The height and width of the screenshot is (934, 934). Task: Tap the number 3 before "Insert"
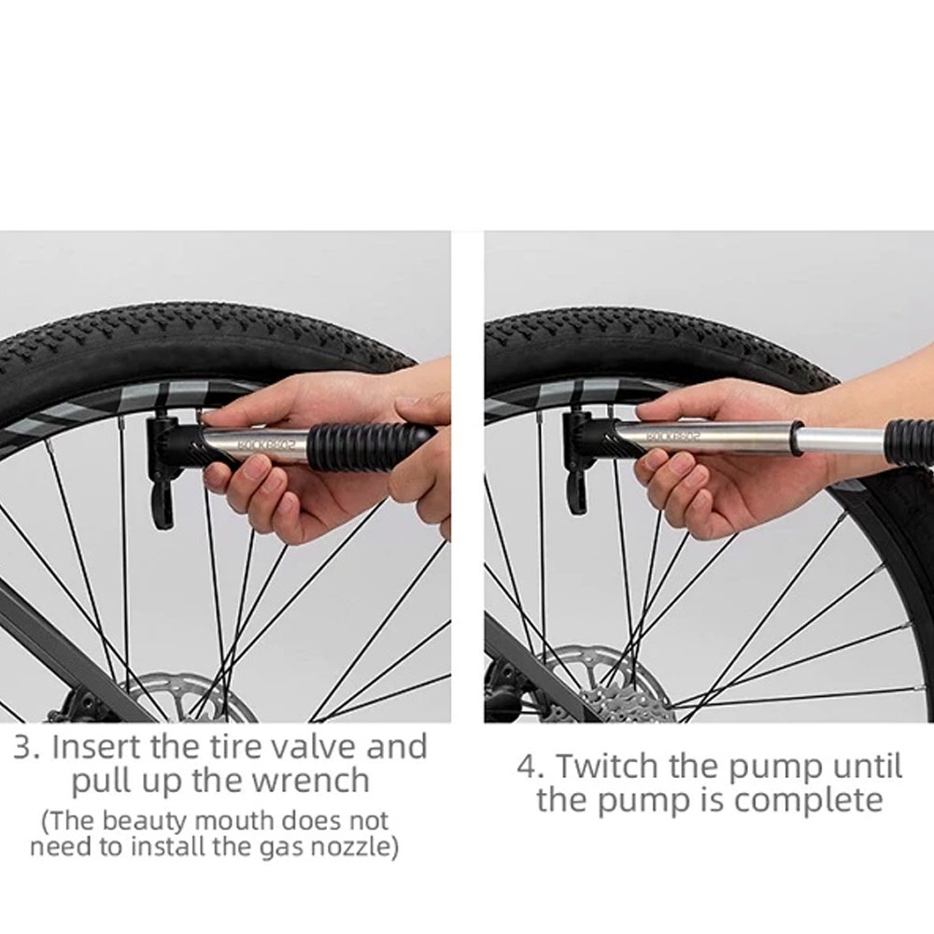[x=26, y=747]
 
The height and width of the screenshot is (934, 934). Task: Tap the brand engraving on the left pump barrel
[x=267, y=444]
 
